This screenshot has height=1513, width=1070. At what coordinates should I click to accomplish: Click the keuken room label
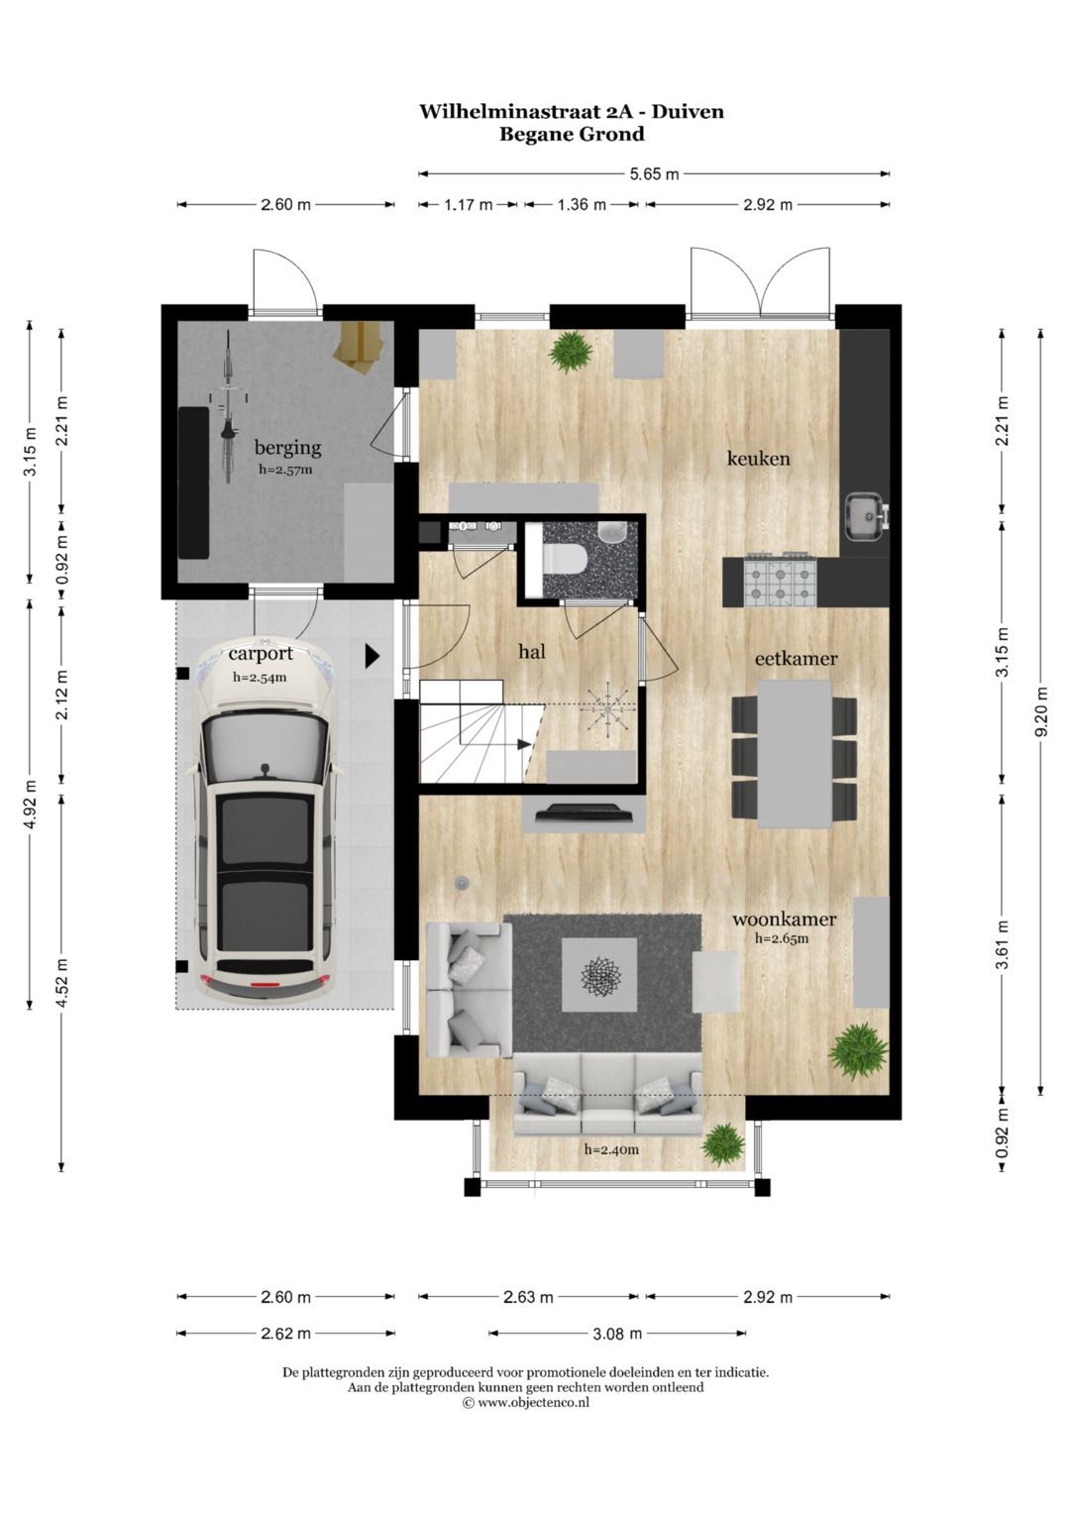758,459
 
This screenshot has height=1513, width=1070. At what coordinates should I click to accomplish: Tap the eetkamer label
796,659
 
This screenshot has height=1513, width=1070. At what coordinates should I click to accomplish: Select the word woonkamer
785,919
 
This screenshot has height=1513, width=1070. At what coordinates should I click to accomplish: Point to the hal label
532,651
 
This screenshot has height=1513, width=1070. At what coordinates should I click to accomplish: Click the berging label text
287,448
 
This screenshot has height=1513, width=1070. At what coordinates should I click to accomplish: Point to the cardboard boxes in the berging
363,345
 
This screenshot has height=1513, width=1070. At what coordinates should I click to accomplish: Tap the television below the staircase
585,812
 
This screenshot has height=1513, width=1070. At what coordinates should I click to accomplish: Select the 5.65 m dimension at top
654,174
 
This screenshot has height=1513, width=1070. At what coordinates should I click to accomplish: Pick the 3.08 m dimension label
616,1334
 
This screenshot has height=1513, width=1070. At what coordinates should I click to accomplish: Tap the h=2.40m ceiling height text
611,1149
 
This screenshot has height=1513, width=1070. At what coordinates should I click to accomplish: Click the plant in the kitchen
571,352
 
